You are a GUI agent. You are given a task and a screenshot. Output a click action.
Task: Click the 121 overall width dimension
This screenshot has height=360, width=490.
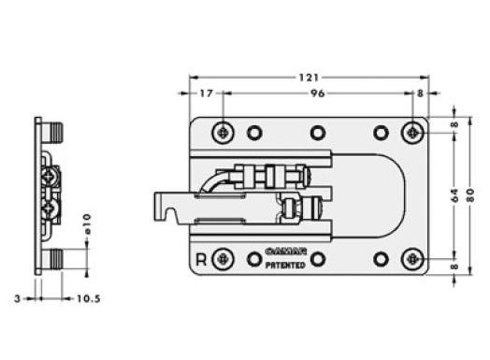309,78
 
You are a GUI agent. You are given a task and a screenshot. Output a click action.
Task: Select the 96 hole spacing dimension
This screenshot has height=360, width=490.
317,94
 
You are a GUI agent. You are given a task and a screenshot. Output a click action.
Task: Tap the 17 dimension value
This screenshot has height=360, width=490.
207,94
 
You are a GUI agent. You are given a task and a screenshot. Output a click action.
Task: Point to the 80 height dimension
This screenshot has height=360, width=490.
471,195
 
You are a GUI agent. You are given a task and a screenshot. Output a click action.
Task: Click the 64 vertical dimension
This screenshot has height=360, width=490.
455,195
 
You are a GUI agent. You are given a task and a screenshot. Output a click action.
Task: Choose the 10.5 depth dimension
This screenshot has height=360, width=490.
89,298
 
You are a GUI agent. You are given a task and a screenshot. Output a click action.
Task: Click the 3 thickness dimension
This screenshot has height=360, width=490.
18,298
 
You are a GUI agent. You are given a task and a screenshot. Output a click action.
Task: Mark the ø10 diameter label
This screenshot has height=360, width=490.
87,223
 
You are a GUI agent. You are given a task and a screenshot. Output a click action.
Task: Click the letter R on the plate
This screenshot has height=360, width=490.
201,260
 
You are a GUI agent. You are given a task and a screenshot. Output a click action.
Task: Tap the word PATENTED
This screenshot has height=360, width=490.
285,266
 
